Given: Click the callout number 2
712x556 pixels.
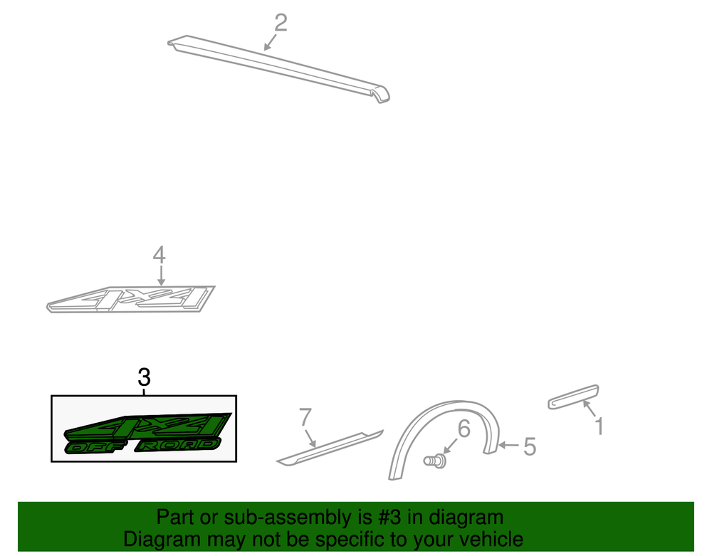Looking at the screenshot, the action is click(x=281, y=23).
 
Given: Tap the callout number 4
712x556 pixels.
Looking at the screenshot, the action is click(x=159, y=255).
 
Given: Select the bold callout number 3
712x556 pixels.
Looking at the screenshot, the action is click(x=144, y=377).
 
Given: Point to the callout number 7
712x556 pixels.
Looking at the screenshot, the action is click(x=305, y=417).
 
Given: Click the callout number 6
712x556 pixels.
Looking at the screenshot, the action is click(x=464, y=429).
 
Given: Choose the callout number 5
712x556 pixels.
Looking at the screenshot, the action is click(x=530, y=446).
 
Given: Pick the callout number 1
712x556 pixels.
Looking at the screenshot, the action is click(x=599, y=426).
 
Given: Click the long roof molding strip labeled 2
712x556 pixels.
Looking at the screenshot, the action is click(x=278, y=68).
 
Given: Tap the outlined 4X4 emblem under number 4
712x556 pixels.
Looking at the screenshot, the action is click(x=131, y=299).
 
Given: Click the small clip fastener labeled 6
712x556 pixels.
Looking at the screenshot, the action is click(x=434, y=461).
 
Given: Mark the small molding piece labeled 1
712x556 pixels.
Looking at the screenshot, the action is click(x=573, y=397).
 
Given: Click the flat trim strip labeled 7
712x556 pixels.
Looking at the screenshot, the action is click(x=330, y=448).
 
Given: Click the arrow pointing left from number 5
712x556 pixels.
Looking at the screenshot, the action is click(x=508, y=445).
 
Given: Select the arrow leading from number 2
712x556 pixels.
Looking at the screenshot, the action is click(x=270, y=42).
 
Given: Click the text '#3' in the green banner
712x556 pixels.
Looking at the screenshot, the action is click(x=391, y=518).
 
